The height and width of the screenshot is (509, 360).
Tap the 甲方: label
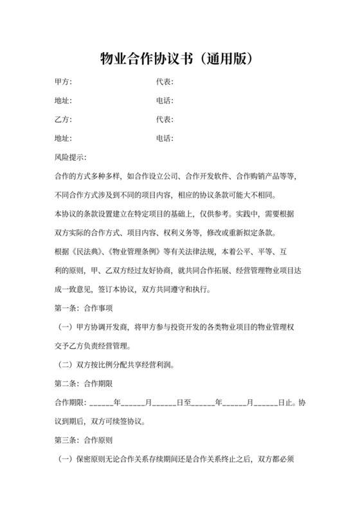click(x=63, y=82)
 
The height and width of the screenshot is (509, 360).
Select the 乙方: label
click(x=63, y=120)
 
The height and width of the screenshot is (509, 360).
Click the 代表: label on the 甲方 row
click(x=165, y=82)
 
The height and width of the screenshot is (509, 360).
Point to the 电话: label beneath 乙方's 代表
click(x=165, y=138)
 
